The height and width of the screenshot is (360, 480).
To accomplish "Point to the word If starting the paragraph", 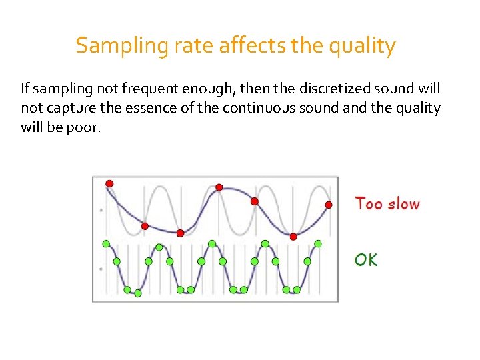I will tap(25, 89).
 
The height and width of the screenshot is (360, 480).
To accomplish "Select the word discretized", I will tap(334, 89).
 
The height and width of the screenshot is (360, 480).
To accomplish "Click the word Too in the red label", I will tap(369, 203).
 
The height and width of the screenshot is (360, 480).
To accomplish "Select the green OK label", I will tap(366, 260).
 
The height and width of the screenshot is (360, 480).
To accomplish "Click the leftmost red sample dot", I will tap(109, 183).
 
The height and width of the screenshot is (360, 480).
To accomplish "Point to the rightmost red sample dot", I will tap(328, 204).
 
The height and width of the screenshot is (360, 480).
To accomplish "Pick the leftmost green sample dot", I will tap(105, 244).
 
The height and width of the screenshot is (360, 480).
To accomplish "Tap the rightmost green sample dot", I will tap(318, 244).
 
